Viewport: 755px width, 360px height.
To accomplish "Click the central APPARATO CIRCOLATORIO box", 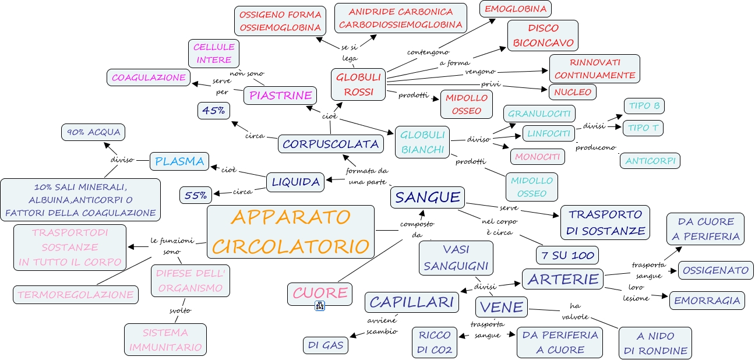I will (291, 232).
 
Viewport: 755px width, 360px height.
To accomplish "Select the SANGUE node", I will (428, 197).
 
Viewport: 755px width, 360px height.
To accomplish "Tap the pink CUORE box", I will (320, 293).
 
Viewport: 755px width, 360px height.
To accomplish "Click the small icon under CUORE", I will (320, 306).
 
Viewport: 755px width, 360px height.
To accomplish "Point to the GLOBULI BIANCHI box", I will (422, 142).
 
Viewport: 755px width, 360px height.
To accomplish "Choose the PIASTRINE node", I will (280, 96).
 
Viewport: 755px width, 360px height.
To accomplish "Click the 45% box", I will (214, 110).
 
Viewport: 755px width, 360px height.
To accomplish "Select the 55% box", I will (196, 195).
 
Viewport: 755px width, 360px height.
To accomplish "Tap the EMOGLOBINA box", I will (516, 9).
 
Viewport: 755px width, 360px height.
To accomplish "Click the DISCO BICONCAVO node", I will (543, 36).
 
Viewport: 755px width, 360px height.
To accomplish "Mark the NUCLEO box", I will (573, 91).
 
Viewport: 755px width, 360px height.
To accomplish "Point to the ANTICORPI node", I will (650, 161).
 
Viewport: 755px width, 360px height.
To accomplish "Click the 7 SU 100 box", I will (567, 255).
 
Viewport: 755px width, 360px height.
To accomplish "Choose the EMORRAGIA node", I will (707, 301).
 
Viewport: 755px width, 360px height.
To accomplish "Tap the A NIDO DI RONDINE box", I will (655, 343).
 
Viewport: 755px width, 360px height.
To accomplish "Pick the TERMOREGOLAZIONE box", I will (76, 295).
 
